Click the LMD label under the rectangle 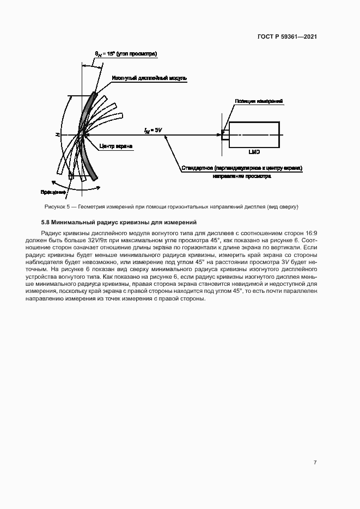[x=254, y=152]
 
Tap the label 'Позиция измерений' [x=259, y=102]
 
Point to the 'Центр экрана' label [x=116, y=146]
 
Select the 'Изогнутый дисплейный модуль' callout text [x=149, y=78]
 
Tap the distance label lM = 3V [x=152, y=130]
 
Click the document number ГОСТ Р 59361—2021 [x=288, y=37]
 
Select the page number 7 [x=315, y=462]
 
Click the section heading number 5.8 [x=46, y=222]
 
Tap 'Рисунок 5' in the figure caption [x=57, y=207]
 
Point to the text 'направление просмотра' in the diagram [x=241, y=176]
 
